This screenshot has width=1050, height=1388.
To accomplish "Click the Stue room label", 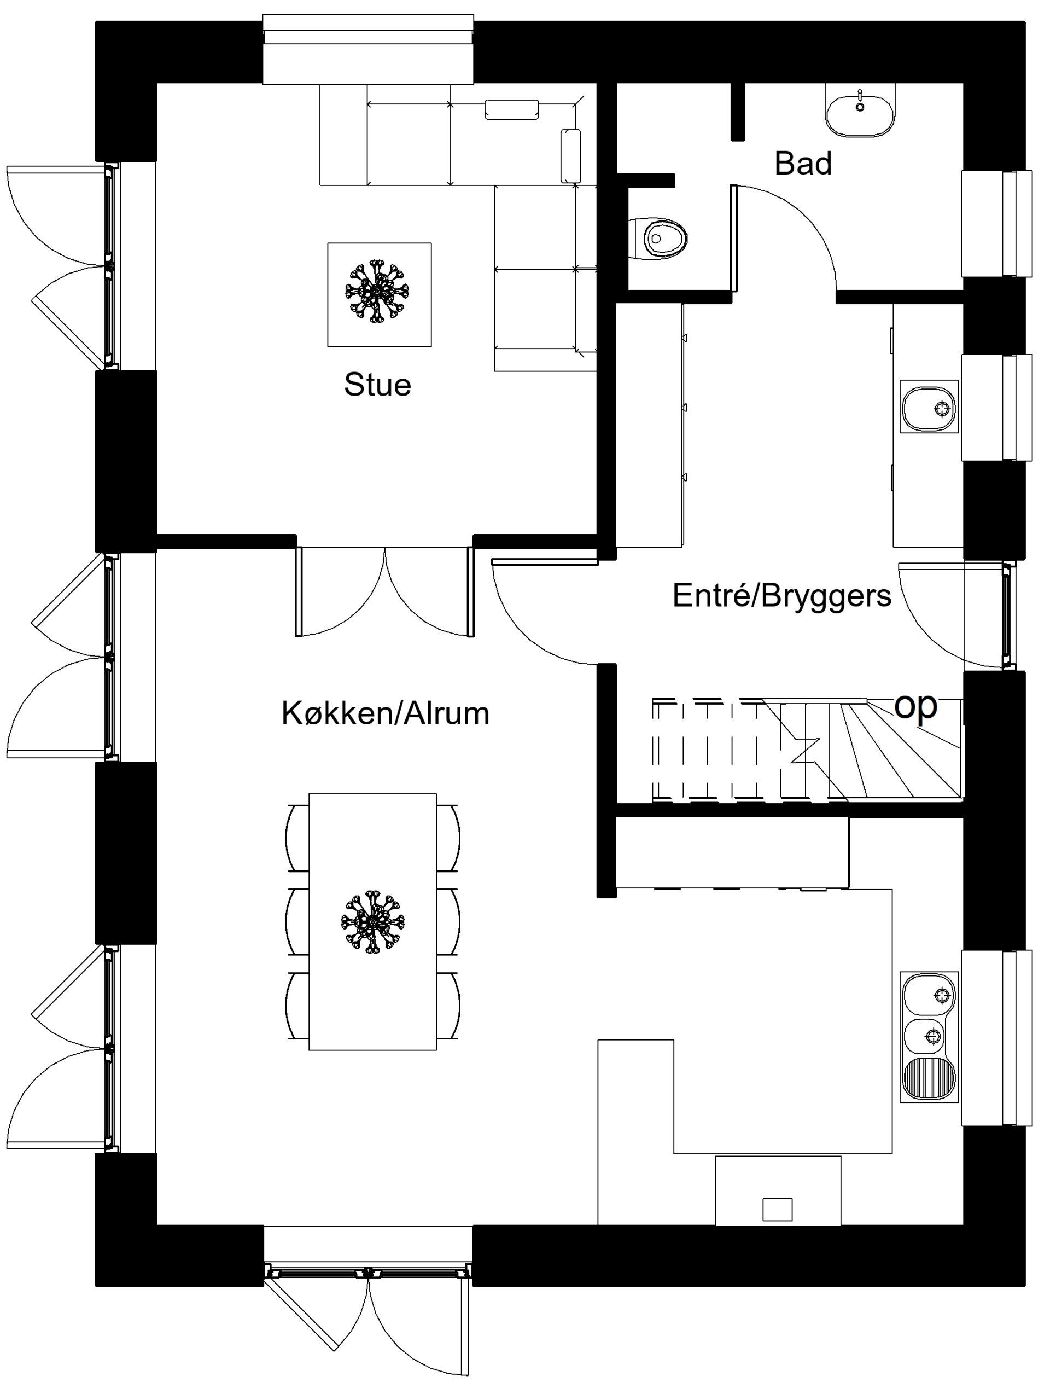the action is pyautogui.click(x=377, y=385).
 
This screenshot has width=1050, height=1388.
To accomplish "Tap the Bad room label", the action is pyautogui.click(x=803, y=163).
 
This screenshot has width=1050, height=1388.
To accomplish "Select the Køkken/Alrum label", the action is pyautogui.click(x=385, y=713).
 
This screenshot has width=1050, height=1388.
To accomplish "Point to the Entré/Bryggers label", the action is pyautogui.click(x=781, y=596).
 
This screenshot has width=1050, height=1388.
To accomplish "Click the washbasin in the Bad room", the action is pyautogui.click(x=860, y=111).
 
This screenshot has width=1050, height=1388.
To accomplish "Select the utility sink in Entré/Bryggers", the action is pyautogui.click(x=929, y=406).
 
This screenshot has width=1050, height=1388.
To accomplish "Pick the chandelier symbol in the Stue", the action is pyautogui.click(x=376, y=291).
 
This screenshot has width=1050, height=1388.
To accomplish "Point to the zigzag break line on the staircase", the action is pyautogui.click(x=805, y=751).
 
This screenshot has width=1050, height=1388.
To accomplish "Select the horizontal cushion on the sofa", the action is pyautogui.click(x=512, y=109).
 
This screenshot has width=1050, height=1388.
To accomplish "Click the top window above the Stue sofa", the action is pyautogui.click(x=368, y=49).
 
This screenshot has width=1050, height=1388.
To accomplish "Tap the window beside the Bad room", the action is pyautogui.click(x=997, y=223).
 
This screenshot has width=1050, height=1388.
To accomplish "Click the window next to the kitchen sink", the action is pyautogui.click(x=997, y=1038).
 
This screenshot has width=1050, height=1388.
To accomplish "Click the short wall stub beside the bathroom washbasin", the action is pyautogui.click(x=738, y=112).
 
